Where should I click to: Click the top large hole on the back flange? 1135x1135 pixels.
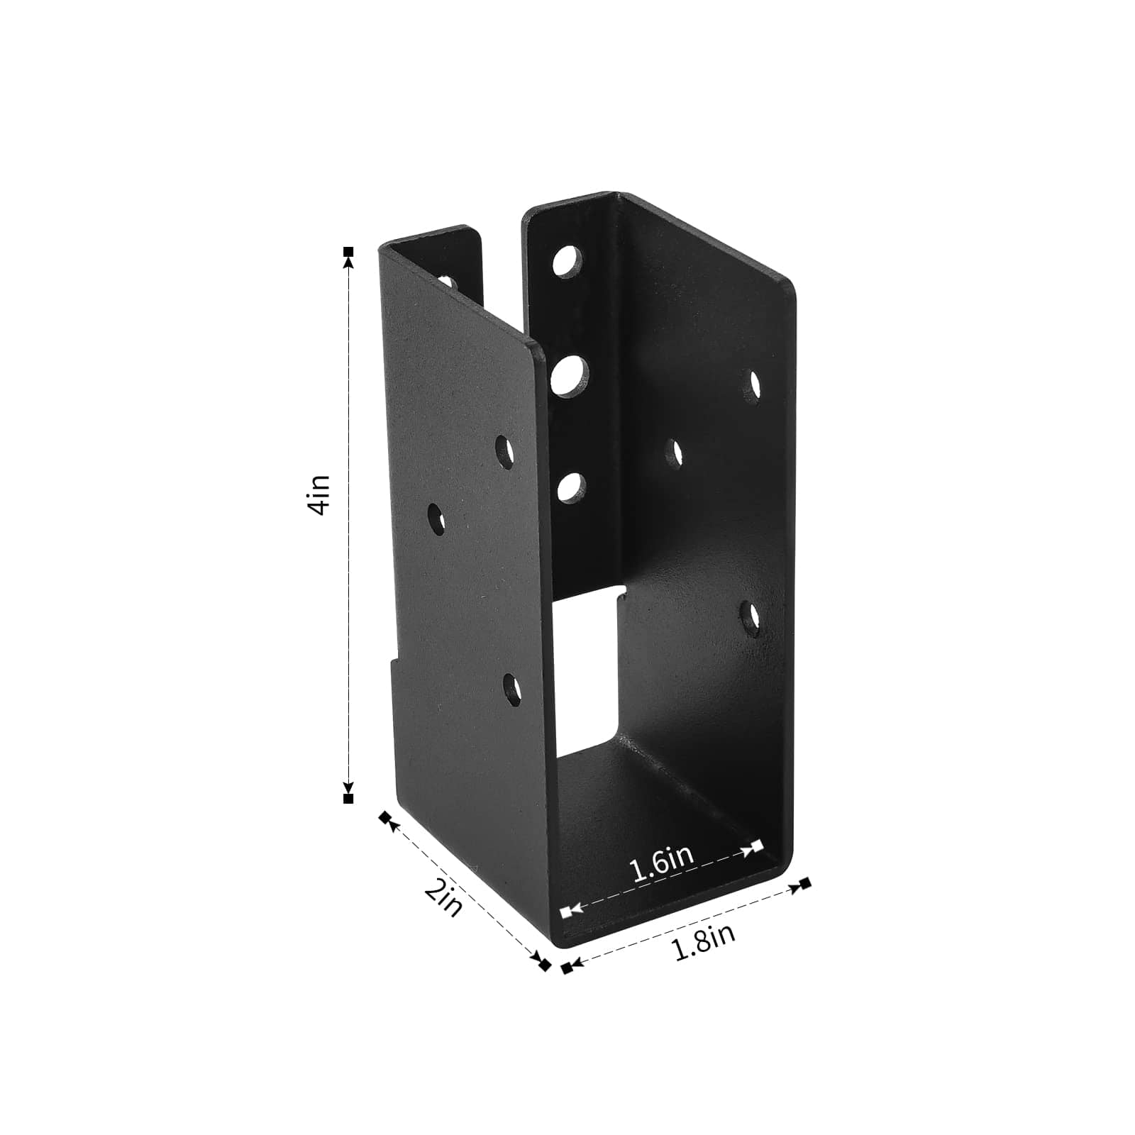[567, 261]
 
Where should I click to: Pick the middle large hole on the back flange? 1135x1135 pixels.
[570, 375]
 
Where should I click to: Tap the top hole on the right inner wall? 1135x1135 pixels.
[755, 384]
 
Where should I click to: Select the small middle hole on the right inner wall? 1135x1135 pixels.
[675, 453]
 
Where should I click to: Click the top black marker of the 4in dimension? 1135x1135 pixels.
[348, 252]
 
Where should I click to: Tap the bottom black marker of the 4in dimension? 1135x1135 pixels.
[348, 799]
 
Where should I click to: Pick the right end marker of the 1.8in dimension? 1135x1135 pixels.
[804, 883]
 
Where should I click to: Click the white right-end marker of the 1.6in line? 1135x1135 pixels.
[757, 845]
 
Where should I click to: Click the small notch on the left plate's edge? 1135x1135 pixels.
[392, 656]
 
